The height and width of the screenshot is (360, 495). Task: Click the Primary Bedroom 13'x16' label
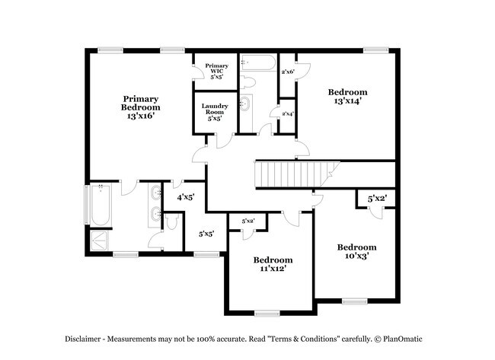(x=140, y=107)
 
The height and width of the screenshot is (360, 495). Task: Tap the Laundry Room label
(x=215, y=109)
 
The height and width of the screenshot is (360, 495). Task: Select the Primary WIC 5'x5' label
(x=216, y=71)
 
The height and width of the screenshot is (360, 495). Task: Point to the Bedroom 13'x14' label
(x=347, y=96)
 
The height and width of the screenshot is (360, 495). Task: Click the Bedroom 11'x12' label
(x=273, y=264)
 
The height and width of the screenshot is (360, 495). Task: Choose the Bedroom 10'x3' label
(x=356, y=251)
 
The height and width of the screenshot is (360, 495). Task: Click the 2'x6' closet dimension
(x=288, y=72)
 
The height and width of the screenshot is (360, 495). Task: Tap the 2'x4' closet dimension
(x=288, y=113)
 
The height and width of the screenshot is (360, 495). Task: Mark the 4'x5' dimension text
(x=185, y=198)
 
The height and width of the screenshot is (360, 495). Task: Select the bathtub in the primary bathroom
(x=101, y=204)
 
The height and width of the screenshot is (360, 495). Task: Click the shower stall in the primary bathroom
(x=99, y=241)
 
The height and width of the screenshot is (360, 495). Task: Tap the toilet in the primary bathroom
(x=172, y=222)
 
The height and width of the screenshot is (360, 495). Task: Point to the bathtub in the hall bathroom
(x=259, y=62)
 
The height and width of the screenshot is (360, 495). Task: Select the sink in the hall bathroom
(x=246, y=104)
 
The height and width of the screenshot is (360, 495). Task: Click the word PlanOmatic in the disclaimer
(x=403, y=339)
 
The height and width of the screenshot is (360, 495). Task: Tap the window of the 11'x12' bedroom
(x=267, y=314)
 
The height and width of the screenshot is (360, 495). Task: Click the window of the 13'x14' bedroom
(x=375, y=50)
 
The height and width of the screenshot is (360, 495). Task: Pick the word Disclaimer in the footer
(x=83, y=339)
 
